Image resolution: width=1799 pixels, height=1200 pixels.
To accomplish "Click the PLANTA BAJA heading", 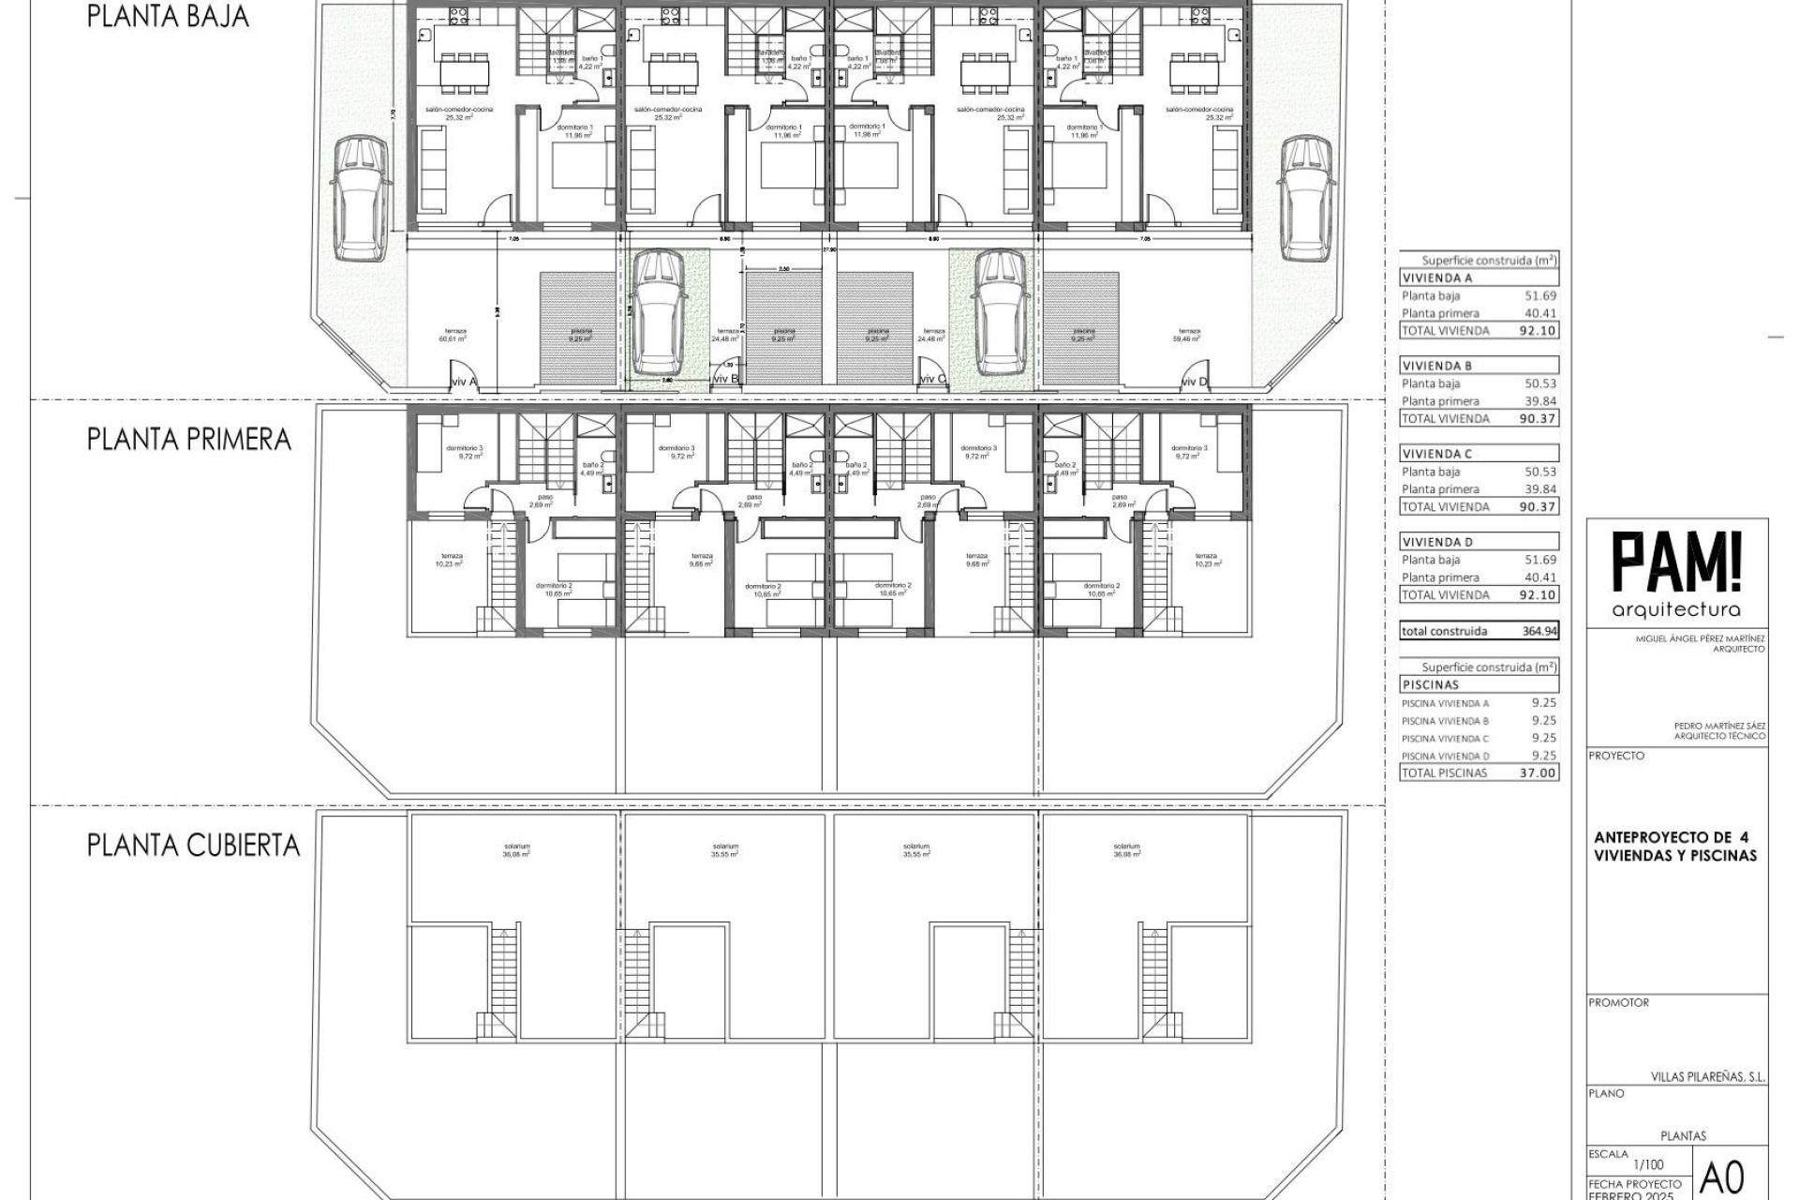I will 168,17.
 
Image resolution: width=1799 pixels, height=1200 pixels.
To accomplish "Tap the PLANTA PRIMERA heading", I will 189,439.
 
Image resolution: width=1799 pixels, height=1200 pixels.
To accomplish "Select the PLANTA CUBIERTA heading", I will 193,845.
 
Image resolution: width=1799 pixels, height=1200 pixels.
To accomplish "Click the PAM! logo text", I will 1676,563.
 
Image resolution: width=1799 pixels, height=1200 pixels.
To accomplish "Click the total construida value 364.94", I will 1539,632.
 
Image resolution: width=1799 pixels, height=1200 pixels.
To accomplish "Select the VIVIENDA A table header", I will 1438,278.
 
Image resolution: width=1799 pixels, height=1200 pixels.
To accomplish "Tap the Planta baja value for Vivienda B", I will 1540,383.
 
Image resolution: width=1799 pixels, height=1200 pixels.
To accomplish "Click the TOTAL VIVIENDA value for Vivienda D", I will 1538,595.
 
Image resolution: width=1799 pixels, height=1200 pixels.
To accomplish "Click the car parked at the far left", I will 361,198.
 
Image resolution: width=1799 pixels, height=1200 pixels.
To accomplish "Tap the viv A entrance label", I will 463,382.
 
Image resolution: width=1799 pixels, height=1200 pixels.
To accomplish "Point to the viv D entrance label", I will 1193,382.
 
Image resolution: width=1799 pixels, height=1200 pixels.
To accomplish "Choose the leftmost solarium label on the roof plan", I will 516,850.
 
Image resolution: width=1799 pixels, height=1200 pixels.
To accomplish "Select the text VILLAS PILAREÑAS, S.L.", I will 1707,1078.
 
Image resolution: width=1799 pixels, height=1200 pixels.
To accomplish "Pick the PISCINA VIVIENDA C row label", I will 1445,739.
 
